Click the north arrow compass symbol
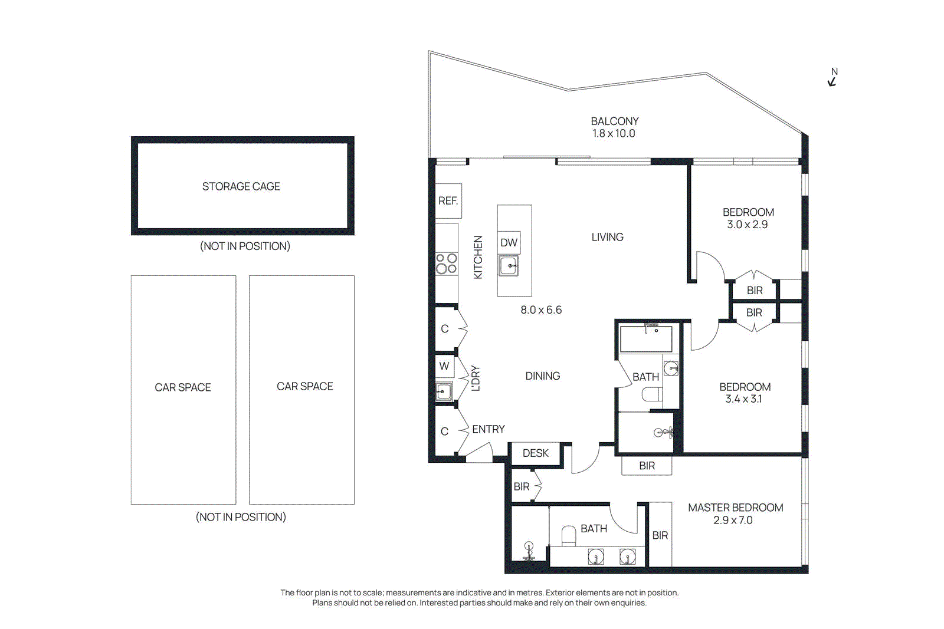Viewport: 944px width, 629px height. (832, 78)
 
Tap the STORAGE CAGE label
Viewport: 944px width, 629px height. (241, 186)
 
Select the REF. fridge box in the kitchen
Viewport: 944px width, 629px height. (448, 201)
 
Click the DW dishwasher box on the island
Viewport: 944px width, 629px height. (509, 242)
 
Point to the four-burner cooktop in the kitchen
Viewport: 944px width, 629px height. (446, 264)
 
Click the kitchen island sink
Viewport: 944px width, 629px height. (509, 266)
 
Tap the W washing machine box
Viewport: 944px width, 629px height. (444, 366)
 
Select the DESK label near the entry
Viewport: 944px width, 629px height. (535, 453)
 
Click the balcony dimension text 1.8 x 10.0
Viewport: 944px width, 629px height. (614, 134)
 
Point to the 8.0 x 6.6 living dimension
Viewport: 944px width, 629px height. (541, 310)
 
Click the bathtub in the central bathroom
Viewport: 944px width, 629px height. (645, 339)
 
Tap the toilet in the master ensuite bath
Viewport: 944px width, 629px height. (568, 535)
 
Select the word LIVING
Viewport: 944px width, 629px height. (607, 237)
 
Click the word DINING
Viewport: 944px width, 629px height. (542, 376)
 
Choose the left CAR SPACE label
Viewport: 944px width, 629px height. (183, 387)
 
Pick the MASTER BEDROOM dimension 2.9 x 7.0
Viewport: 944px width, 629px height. (733, 521)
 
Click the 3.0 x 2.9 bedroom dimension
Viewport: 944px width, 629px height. (747, 225)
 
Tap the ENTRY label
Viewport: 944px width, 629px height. (488, 429)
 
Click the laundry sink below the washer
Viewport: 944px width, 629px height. (444, 391)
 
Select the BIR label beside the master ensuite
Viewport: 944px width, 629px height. (660, 535)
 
